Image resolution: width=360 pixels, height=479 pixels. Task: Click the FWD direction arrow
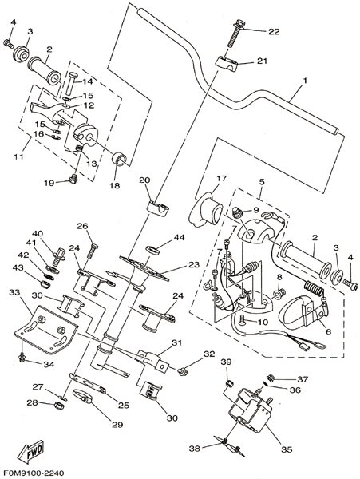pyautogui.click(x=31, y=450)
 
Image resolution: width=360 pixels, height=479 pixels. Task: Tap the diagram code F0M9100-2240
pyautogui.click(x=33, y=473)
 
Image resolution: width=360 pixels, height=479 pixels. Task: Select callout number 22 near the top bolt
pyautogui.click(x=274, y=32)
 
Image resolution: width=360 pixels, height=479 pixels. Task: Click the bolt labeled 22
pyautogui.click(x=235, y=34)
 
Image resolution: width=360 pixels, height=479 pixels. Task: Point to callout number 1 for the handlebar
pyautogui.click(x=305, y=81)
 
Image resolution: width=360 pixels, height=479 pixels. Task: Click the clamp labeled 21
pyautogui.click(x=227, y=63)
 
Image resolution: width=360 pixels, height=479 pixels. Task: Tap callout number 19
pyautogui.click(x=49, y=183)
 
